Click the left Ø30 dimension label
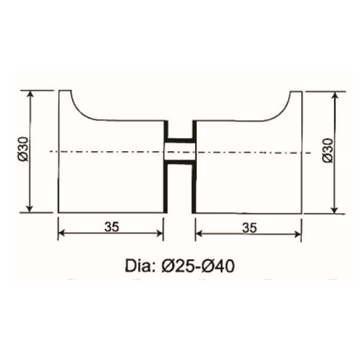point(24,150)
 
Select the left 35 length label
point(112,227)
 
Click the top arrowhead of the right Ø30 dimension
point(334,94)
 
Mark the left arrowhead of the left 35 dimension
point(62,233)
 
